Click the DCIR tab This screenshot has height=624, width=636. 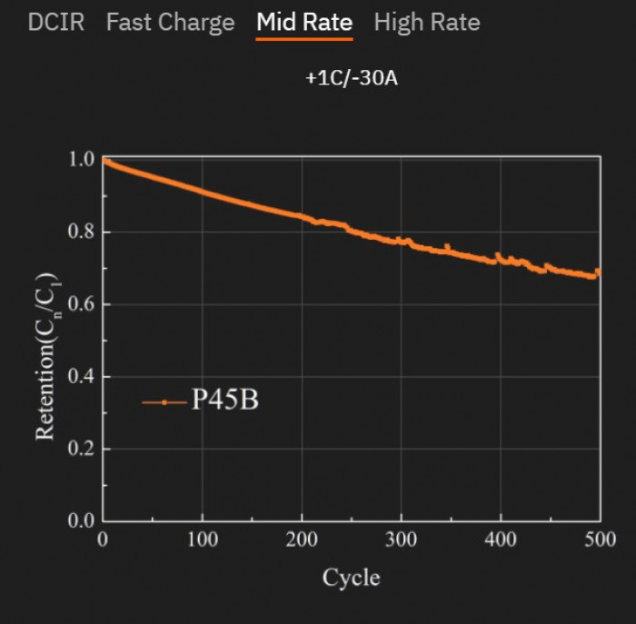tap(55, 23)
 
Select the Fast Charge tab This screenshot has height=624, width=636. tap(170, 23)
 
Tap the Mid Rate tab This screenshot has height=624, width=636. tap(304, 23)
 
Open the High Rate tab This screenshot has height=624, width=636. tap(427, 23)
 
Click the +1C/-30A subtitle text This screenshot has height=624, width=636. tap(352, 79)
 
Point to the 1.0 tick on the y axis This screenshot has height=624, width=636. tap(81, 160)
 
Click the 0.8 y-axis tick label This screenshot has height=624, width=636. tap(81, 233)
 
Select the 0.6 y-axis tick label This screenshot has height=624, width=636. tap(81, 304)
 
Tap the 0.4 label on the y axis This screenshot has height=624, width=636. tap(81, 377)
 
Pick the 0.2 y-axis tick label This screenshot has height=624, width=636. tap(81, 450)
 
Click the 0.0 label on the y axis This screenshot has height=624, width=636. tap(81, 521)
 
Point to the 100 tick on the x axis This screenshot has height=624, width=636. tap(202, 540)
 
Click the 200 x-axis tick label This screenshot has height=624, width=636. tap(302, 540)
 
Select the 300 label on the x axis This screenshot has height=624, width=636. tap(401, 540)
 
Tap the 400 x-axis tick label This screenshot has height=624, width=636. tap(501, 540)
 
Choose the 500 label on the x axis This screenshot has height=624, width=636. tap(599, 540)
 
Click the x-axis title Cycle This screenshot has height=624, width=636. tap(351, 578)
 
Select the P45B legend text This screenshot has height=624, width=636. tap(224, 401)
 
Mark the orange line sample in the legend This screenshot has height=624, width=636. tap(164, 401)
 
